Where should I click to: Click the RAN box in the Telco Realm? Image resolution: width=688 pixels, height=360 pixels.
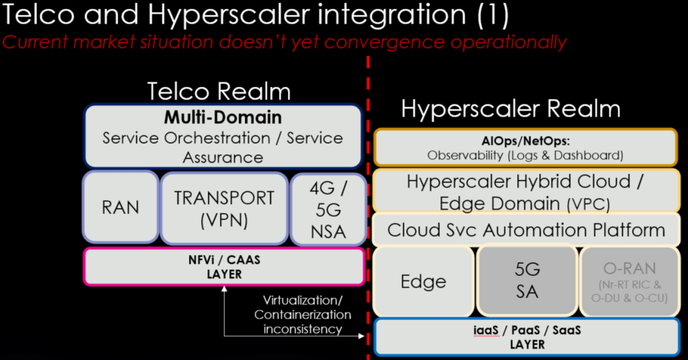120,207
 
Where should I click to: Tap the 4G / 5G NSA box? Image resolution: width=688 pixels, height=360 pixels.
328,208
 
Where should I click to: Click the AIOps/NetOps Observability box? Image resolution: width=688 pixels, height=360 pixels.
525,147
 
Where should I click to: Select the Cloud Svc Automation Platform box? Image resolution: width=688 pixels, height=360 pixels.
525,230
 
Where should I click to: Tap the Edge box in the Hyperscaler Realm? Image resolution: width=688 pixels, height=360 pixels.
423,281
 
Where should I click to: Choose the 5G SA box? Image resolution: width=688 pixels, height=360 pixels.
527,281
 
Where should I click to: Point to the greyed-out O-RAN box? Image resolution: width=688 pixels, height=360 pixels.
629,281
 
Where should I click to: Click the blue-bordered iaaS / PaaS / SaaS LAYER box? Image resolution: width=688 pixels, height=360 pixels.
525,336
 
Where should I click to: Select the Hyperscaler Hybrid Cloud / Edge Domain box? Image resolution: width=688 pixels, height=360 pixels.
525,191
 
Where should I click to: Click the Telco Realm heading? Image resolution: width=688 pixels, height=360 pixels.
219,92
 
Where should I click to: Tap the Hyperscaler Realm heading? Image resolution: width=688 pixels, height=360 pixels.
510,109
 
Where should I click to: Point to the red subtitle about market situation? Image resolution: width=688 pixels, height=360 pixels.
284,42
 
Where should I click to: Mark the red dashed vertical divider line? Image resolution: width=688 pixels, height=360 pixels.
368,202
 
